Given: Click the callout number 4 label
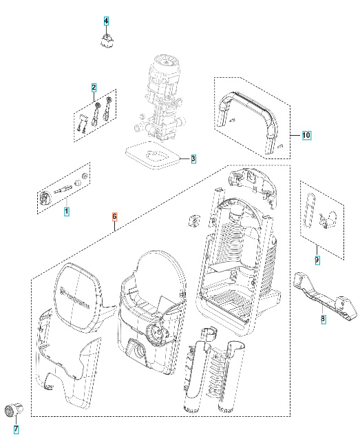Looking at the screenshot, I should point(106,21).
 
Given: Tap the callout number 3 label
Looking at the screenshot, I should point(193,159).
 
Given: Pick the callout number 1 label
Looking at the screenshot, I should point(67,212).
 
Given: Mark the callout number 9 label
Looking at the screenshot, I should point(317,260).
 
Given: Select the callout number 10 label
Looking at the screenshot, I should point(306,135).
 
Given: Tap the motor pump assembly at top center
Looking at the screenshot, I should point(163,96).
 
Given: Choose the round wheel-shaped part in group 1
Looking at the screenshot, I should point(45,198).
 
